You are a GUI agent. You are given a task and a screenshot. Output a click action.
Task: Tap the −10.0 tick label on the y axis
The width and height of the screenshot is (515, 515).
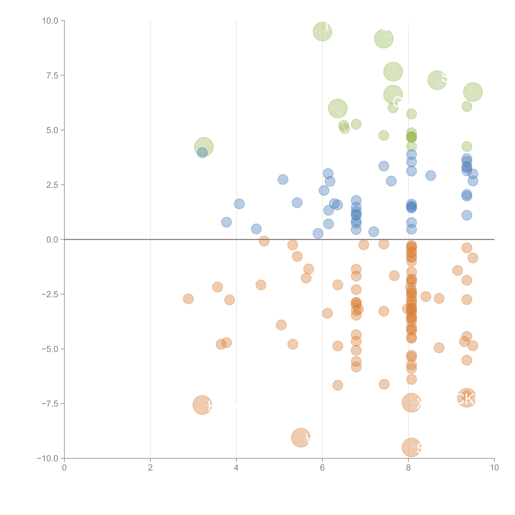pos(47,458)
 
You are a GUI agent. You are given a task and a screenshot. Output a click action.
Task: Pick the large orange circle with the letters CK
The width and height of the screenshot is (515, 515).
pos(466,398)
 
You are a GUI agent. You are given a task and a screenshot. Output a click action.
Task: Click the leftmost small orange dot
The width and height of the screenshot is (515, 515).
pos(188,299)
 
